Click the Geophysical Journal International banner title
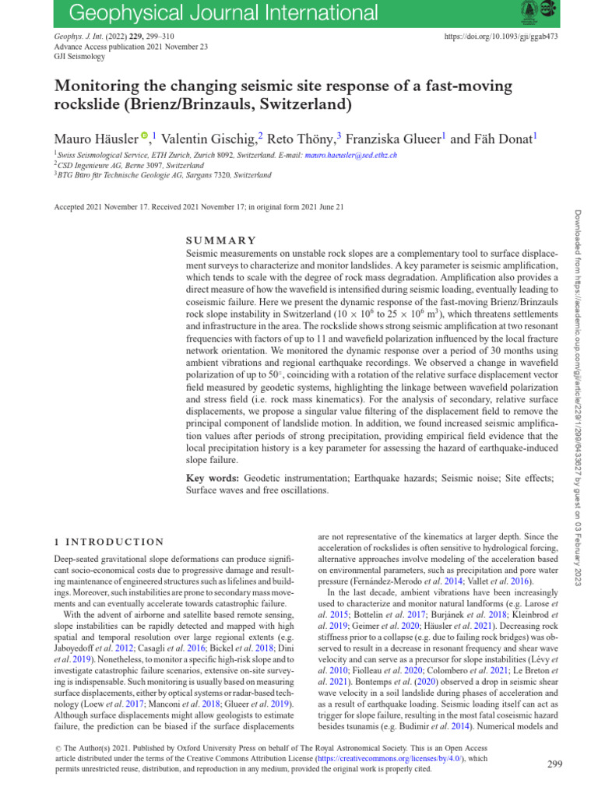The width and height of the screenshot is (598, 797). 214,12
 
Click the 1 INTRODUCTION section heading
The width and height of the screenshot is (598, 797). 109,542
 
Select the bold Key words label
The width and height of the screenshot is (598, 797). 213,477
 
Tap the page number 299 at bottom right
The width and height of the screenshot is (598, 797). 554,764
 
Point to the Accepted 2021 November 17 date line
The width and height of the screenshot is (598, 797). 199,207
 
